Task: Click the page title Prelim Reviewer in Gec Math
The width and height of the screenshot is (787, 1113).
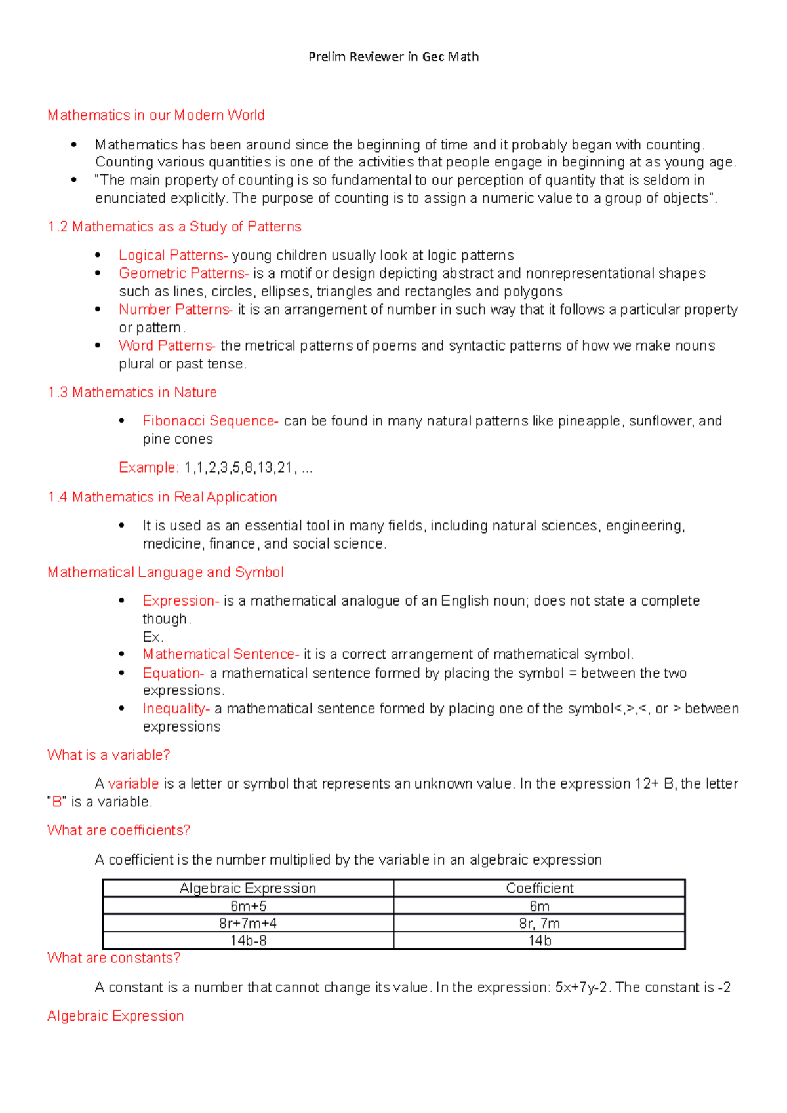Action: [x=393, y=57]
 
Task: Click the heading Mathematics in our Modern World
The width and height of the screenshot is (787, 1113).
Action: [x=156, y=115]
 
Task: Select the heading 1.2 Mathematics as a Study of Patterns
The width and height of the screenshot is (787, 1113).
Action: [x=174, y=227]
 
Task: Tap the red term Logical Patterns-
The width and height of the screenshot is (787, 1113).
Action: [x=173, y=255]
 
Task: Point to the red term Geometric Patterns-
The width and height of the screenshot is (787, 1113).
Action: [x=184, y=273]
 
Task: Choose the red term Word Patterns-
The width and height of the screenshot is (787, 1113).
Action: [x=167, y=345]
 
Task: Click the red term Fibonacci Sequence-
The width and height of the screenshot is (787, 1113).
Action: [x=211, y=421]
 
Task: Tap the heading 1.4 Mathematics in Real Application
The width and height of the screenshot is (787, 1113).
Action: [x=163, y=497]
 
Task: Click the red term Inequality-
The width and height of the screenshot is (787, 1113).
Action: [x=176, y=709]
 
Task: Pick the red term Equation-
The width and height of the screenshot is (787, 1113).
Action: [x=173, y=673]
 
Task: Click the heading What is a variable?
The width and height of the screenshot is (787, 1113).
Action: [x=109, y=755]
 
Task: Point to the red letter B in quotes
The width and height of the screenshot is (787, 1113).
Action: [x=57, y=802]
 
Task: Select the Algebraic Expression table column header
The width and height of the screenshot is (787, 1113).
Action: [x=248, y=888]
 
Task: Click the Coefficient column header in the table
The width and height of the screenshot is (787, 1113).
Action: [x=539, y=888]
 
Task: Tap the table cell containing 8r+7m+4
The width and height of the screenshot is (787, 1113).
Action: [x=248, y=924]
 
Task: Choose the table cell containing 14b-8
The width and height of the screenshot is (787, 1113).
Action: [x=248, y=941]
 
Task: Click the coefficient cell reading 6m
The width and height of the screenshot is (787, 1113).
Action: [x=539, y=907]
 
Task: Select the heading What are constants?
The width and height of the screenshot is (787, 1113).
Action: [x=114, y=958]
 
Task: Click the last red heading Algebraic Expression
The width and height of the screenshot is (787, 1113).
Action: [x=115, y=1016]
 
